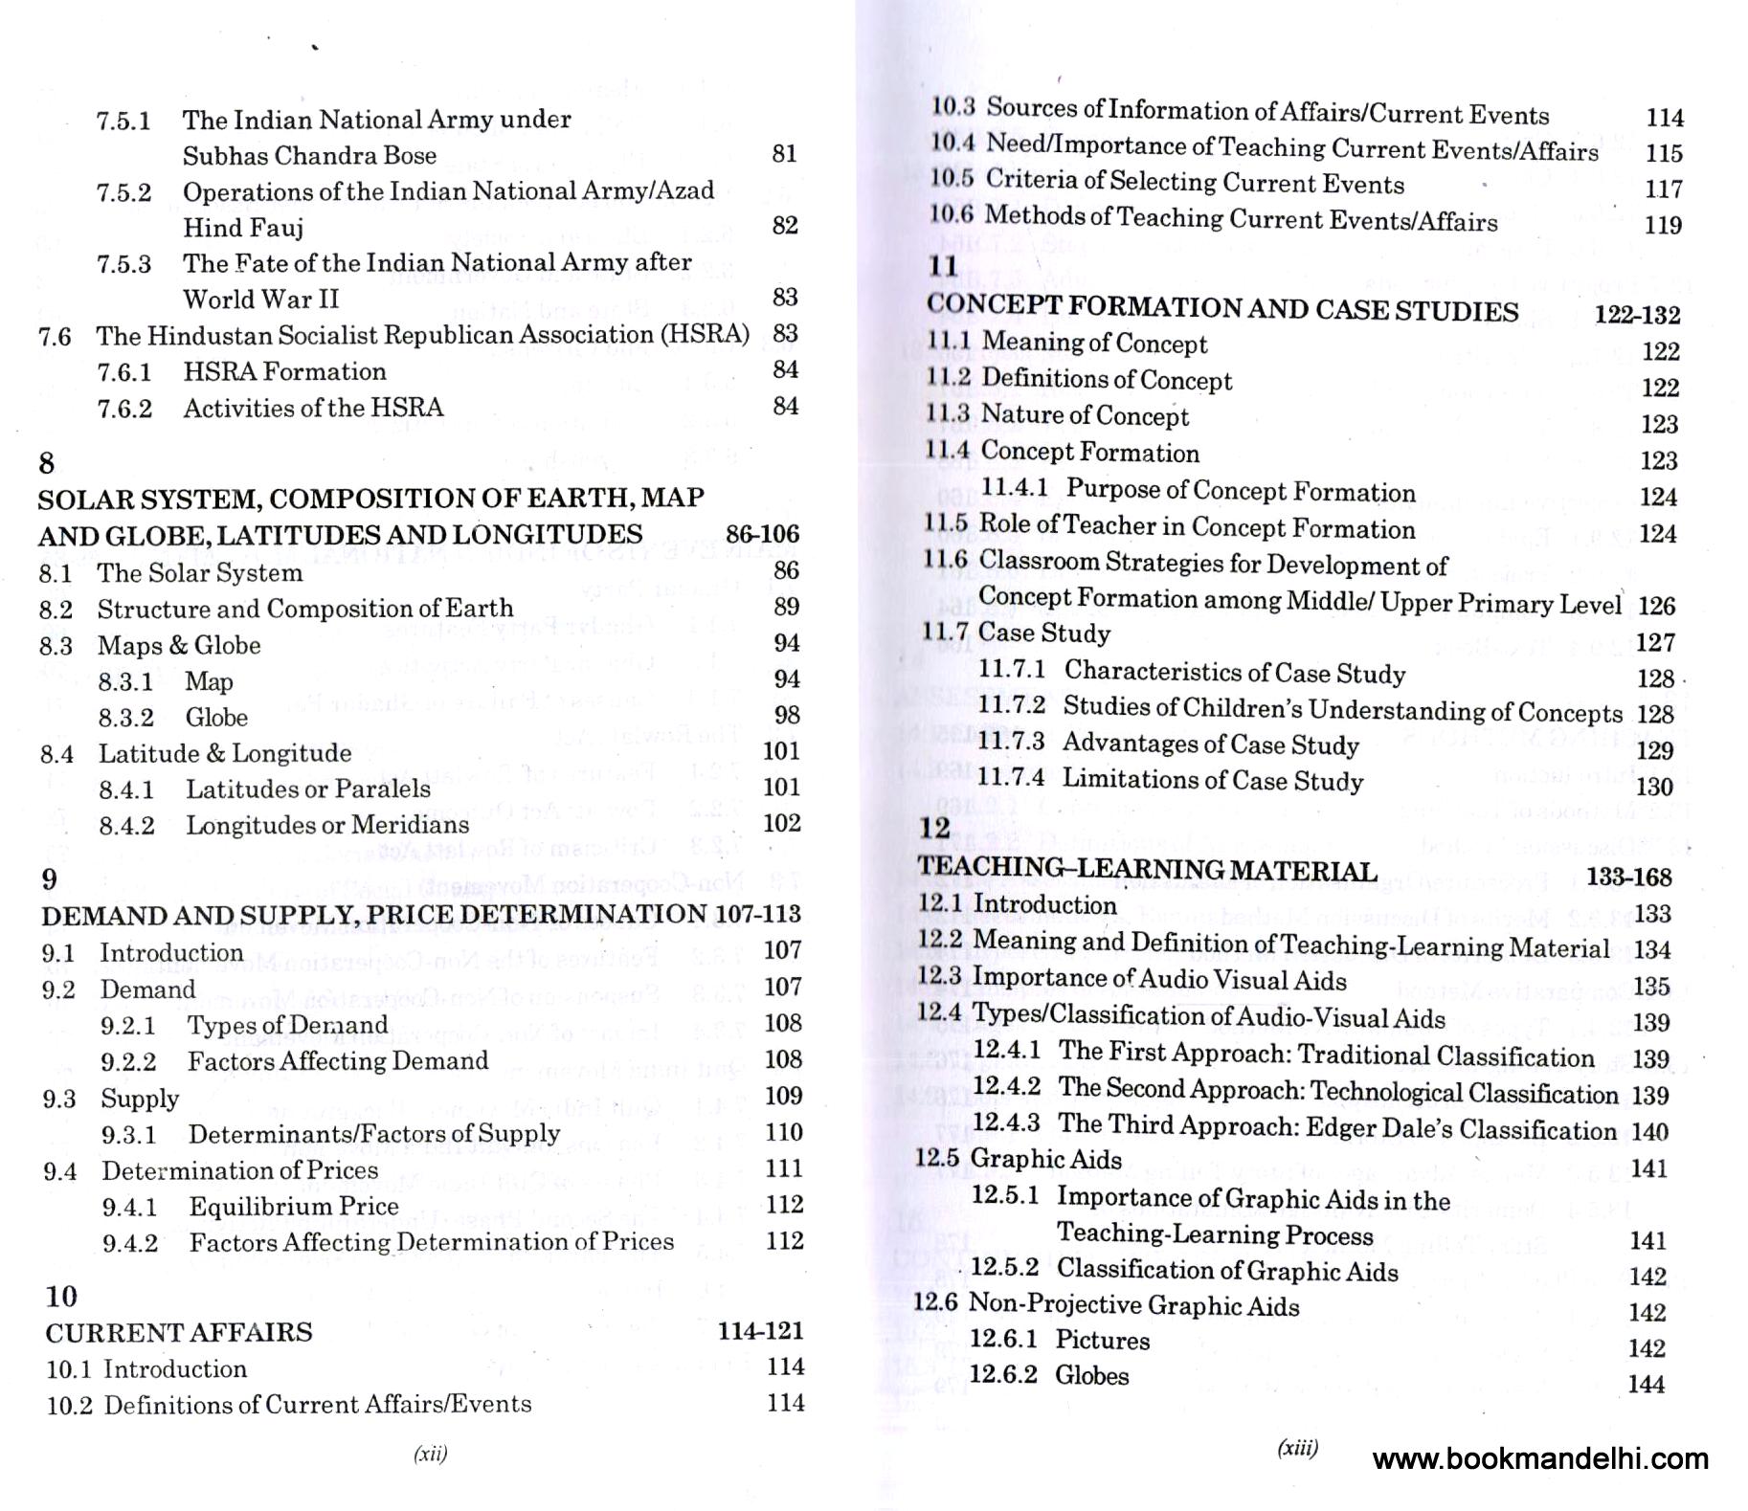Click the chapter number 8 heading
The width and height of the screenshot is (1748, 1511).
(47, 463)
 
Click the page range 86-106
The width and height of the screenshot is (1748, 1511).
(762, 534)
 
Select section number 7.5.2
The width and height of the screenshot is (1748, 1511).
(123, 192)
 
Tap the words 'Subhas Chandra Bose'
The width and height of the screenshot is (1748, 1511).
(309, 155)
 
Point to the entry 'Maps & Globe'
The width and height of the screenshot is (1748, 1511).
(179, 645)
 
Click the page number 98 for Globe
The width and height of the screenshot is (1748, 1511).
(787, 715)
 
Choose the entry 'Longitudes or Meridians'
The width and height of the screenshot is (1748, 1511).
(327, 825)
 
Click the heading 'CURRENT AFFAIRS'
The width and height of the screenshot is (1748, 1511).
(179, 1332)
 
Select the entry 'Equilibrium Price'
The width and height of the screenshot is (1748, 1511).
(293, 1206)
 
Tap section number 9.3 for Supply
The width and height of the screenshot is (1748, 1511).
(58, 1099)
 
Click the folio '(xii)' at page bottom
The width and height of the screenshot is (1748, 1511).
(430, 1455)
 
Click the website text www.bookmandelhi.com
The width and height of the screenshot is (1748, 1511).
(1539, 1458)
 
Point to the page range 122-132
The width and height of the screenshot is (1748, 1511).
(1637, 315)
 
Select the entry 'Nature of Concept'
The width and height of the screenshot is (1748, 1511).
(1085, 415)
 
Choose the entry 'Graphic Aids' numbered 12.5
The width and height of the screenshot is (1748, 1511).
(1045, 1159)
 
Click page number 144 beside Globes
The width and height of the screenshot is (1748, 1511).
(1647, 1384)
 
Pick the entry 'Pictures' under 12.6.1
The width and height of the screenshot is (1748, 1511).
(1102, 1340)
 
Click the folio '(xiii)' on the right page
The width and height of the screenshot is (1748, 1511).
(1297, 1448)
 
